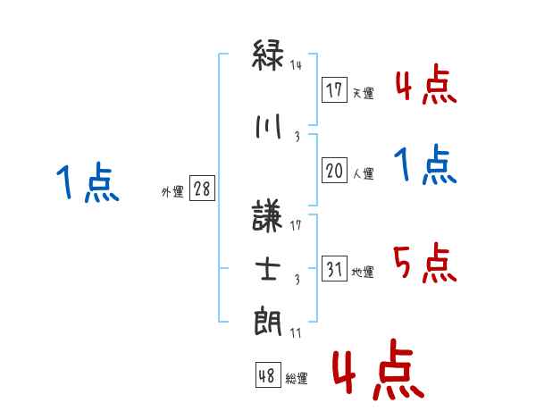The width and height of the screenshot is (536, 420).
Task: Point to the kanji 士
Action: [268, 269]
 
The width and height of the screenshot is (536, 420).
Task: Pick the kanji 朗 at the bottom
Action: [268, 320]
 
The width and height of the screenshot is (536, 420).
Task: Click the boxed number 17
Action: [333, 89]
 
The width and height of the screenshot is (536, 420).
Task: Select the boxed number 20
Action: [333, 171]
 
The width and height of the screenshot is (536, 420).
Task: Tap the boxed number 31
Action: [333, 268]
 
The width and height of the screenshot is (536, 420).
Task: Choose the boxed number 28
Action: [202, 190]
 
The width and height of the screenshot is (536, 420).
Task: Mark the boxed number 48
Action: [267, 375]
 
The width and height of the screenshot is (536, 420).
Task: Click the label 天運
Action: [363, 93]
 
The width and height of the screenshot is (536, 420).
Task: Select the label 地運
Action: [363, 272]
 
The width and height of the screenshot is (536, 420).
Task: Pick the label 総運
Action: [297, 379]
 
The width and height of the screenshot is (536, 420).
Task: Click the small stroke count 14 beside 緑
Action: [297, 65]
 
